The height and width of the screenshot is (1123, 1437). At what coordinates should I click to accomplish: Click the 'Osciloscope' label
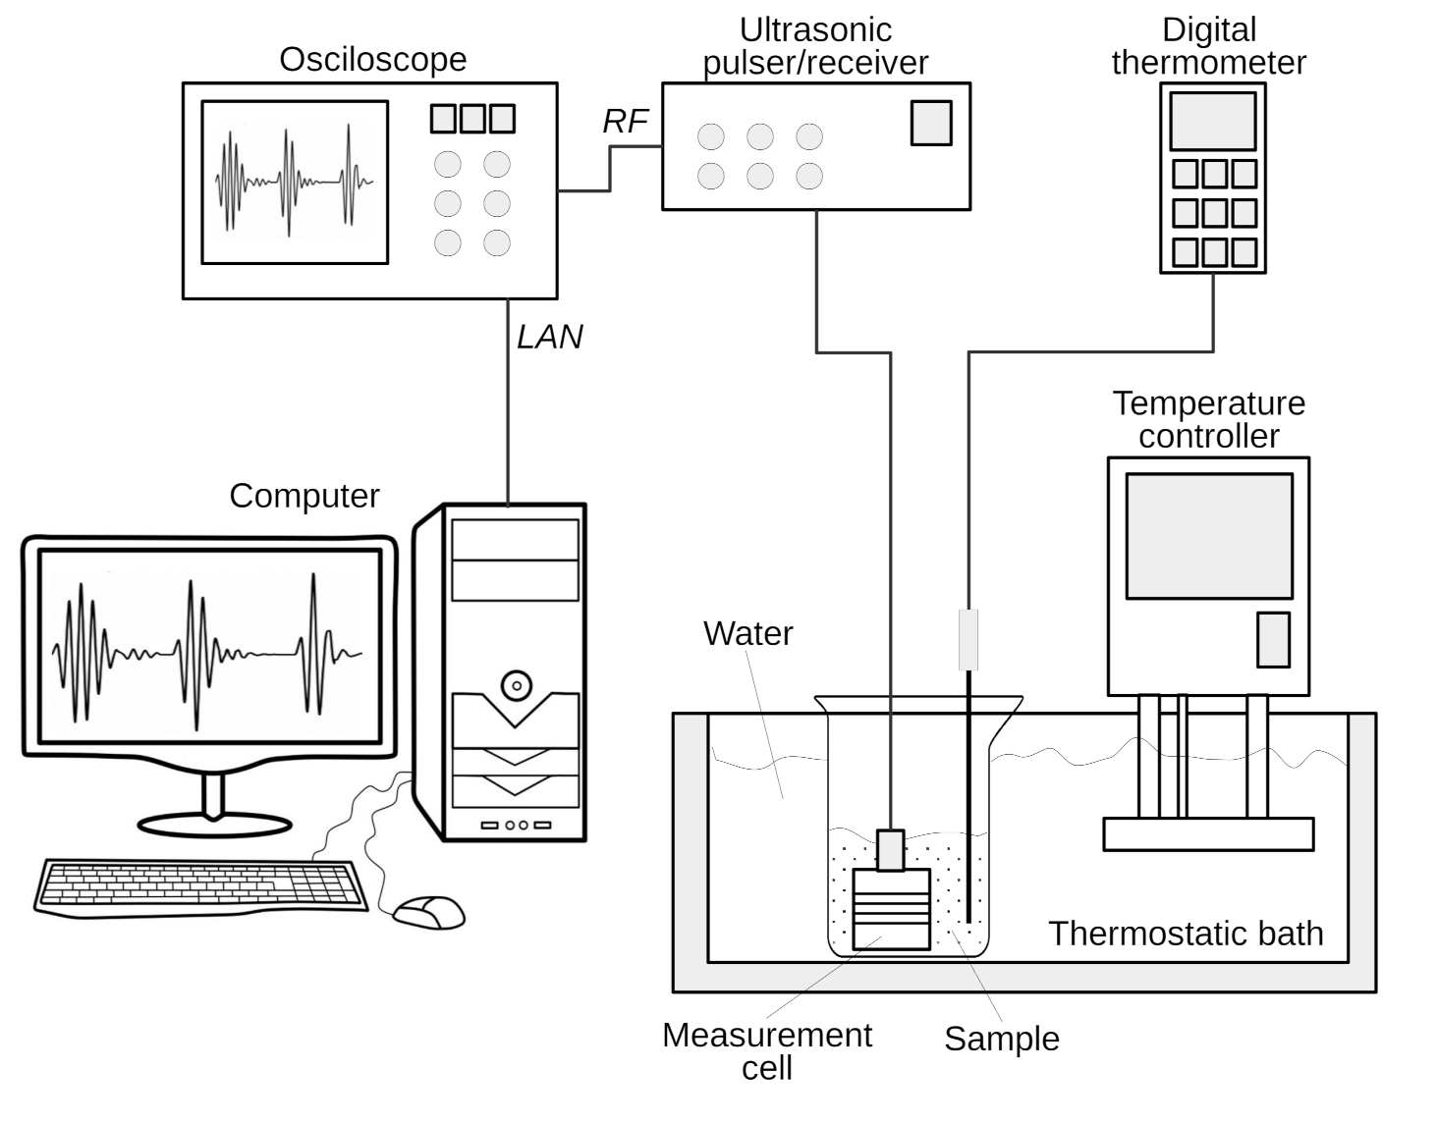pos(372,60)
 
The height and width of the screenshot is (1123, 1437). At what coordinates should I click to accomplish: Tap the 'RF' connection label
pos(625,121)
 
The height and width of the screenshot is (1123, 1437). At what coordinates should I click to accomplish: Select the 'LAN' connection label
pos(549,337)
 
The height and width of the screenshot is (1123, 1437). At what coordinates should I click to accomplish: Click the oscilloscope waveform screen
pos(295,182)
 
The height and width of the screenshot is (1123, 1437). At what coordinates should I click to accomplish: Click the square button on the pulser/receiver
pos(930,123)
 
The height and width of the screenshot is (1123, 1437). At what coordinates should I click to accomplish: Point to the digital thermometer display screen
pos(1212,121)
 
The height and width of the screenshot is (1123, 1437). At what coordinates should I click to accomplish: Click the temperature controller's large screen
pos(1208,536)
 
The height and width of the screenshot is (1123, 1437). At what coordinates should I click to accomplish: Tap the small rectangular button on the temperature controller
pos(1273,639)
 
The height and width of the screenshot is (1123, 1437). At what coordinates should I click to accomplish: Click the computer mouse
pos(429,912)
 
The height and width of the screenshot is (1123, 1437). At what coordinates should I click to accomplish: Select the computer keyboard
pos(201,886)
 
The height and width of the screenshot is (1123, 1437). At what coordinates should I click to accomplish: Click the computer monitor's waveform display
pos(209,647)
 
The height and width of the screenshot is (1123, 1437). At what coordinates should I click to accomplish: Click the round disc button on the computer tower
pos(516,684)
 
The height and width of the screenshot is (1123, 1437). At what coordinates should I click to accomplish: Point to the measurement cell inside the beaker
pos(891,909)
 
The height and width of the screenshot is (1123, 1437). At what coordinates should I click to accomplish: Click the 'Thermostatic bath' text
pos(1185,933)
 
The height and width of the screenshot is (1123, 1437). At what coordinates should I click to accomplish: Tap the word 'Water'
pos(747,633)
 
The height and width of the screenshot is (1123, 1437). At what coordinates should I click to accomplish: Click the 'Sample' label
pos(1001,1039)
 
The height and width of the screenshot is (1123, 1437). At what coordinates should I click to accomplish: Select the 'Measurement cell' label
pos(766,1050)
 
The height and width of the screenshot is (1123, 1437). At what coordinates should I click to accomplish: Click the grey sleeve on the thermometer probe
pos(968,639)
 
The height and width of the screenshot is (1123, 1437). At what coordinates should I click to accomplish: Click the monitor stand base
pos(214,825)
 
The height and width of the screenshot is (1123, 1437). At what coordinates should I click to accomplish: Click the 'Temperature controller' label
pos(1208,419)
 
